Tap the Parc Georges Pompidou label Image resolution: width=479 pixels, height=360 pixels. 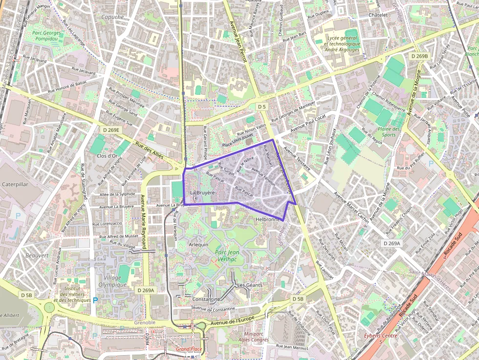(x=47, y=36)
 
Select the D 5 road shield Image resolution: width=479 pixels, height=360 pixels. (x=262, y=106)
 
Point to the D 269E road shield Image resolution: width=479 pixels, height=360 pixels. (x=111, y=130)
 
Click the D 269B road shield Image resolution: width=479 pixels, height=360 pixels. (x=419, y=56)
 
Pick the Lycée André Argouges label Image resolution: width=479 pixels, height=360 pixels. (x=342, y=43)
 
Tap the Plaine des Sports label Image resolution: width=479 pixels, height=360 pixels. (x=389, y=132)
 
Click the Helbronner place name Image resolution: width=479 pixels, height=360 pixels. (x=270, y=220)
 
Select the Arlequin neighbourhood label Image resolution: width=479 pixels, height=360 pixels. (x=198, y=244)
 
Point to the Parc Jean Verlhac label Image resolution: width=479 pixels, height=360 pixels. (x=226, y=255)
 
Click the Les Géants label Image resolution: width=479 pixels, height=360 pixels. (x=249, y=285)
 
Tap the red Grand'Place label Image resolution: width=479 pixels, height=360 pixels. (x=189, y=349)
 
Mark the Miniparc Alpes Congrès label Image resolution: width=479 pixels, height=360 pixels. (x=253, y=337)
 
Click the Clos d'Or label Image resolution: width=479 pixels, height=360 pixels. (x=107, y=156)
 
